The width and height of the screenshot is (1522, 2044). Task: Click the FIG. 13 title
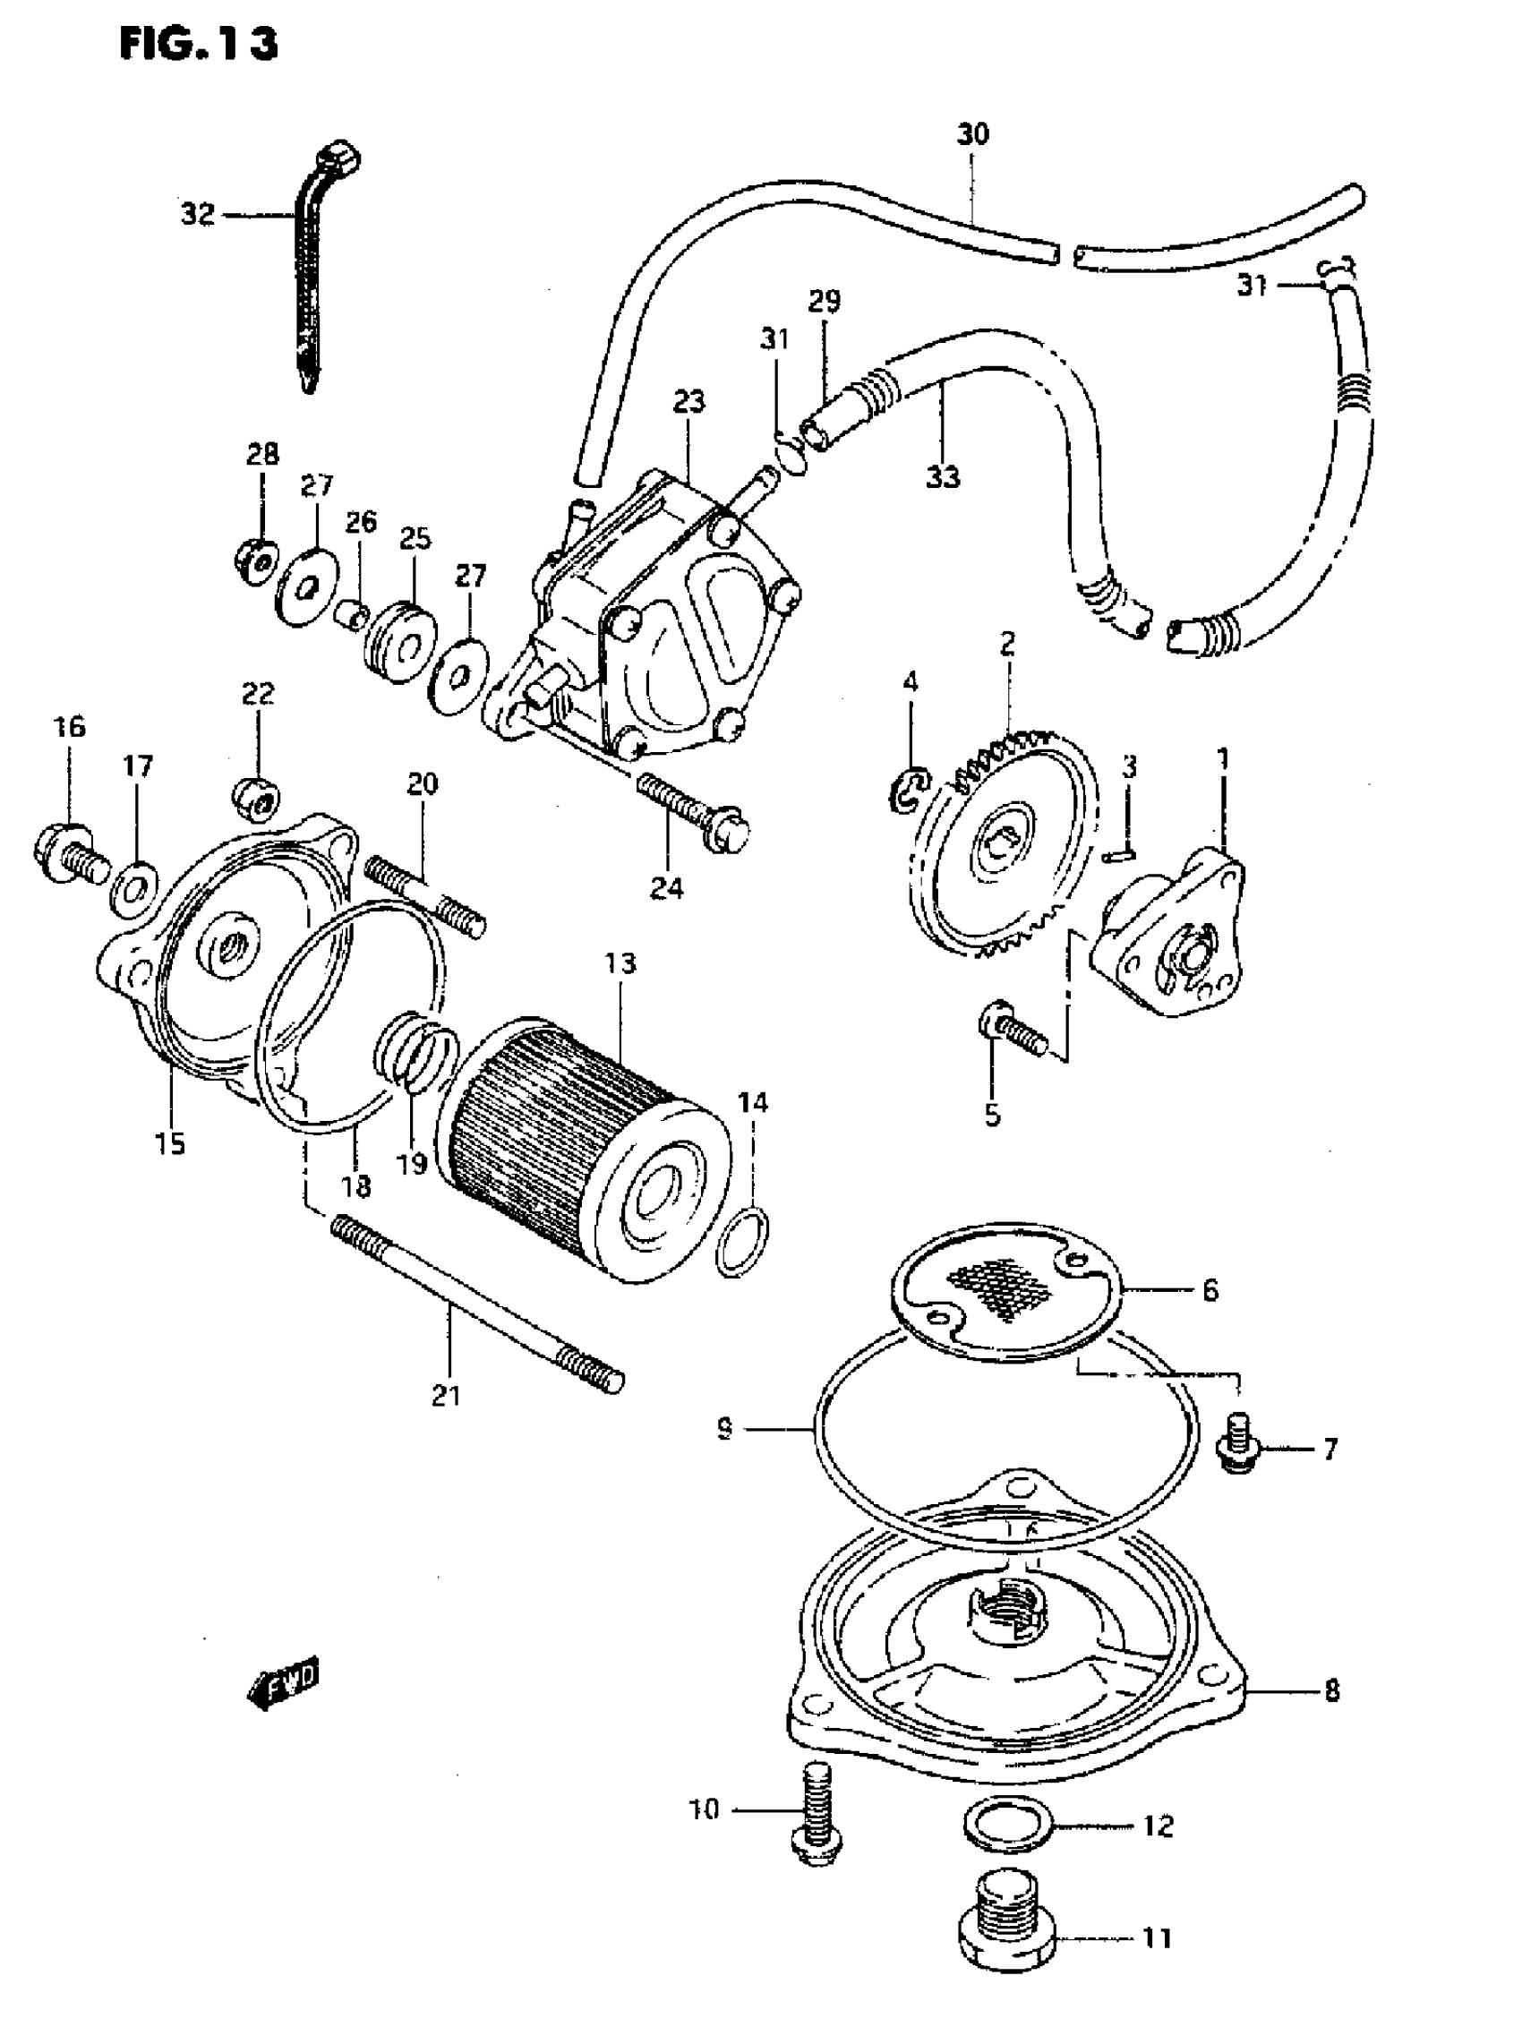[198, 43]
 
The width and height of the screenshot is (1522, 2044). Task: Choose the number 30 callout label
[973, 134]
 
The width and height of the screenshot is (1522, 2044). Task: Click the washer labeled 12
[1008, 1824]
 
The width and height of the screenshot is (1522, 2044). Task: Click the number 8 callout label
[1331, 1690]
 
